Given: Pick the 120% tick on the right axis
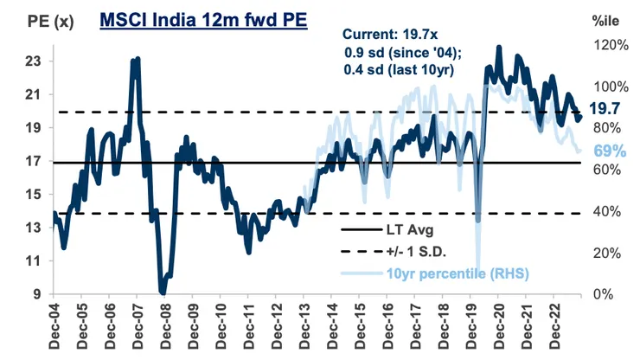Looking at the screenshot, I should (x=609, y=44).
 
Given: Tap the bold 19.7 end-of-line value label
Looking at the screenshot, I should (x=605, y=109).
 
